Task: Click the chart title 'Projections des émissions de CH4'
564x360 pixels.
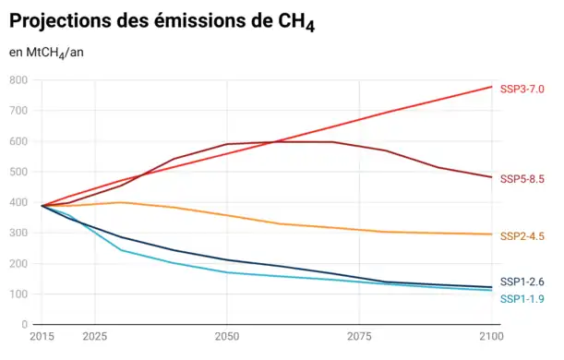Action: pyautogui.click(x=162, y=21)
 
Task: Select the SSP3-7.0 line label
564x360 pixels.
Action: pyautogui.click(x=522, y=89)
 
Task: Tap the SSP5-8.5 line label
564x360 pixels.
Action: pyautogui.click(x=522, y=178)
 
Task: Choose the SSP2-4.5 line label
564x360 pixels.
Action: pyautogui.click(x=522, y=236)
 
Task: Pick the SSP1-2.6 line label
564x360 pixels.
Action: pyautogui.click(x=522, y=282)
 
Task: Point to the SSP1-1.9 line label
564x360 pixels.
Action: pyautogui.click(x=522, y=298)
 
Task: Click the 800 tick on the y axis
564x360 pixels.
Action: pyautogui.click(x=18, y=80)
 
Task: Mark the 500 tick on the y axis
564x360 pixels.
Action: pyautogui.click(x=18, y=172)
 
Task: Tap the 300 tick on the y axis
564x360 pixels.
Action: pyautogui.click(x=18, y=234)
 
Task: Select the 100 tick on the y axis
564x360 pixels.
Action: pyautogui.click(x=18, y=294)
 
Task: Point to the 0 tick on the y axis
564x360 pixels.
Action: pyautogui.click(x=26, y=325)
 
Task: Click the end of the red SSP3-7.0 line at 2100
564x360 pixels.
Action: pyautogui.click(x=491, y=87)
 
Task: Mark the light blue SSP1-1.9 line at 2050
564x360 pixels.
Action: pyautogui.click(x=226, y=272)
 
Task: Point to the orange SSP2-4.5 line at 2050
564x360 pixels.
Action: pyautogui.click(x=226, y=215)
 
